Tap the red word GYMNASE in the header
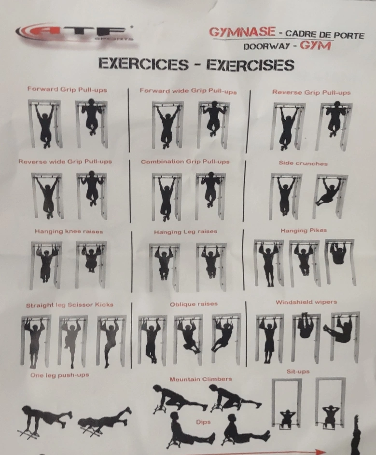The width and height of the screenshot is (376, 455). (x=242, y=32)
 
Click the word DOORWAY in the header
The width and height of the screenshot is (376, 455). (x=266, y=46)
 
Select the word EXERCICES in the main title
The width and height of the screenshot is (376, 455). (x=143, y=64)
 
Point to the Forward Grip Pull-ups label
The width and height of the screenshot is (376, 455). (x=68, y=89)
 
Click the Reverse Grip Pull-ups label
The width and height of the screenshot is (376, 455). (x=311, y=93)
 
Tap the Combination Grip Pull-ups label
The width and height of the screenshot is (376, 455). (x=185, y=162)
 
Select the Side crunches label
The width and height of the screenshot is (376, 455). (x=303, y=163)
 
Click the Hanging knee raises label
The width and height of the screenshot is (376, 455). (x=69, y=232)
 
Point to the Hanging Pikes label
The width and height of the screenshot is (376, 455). (x=304, y=231)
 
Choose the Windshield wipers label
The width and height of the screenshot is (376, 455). (x=306, y=302)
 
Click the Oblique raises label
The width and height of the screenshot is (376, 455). (x=194, y=304)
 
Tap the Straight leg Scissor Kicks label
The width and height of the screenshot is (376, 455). (x=70, y=305)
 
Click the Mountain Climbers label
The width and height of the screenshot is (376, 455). (x=201, y=379)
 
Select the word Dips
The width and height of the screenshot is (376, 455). (x=203, y=422)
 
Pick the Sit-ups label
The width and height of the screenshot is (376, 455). (x=298, y=372)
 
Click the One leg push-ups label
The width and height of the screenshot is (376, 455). (x=59, y=375)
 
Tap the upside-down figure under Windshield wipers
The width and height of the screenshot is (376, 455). (x=305, y=325)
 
